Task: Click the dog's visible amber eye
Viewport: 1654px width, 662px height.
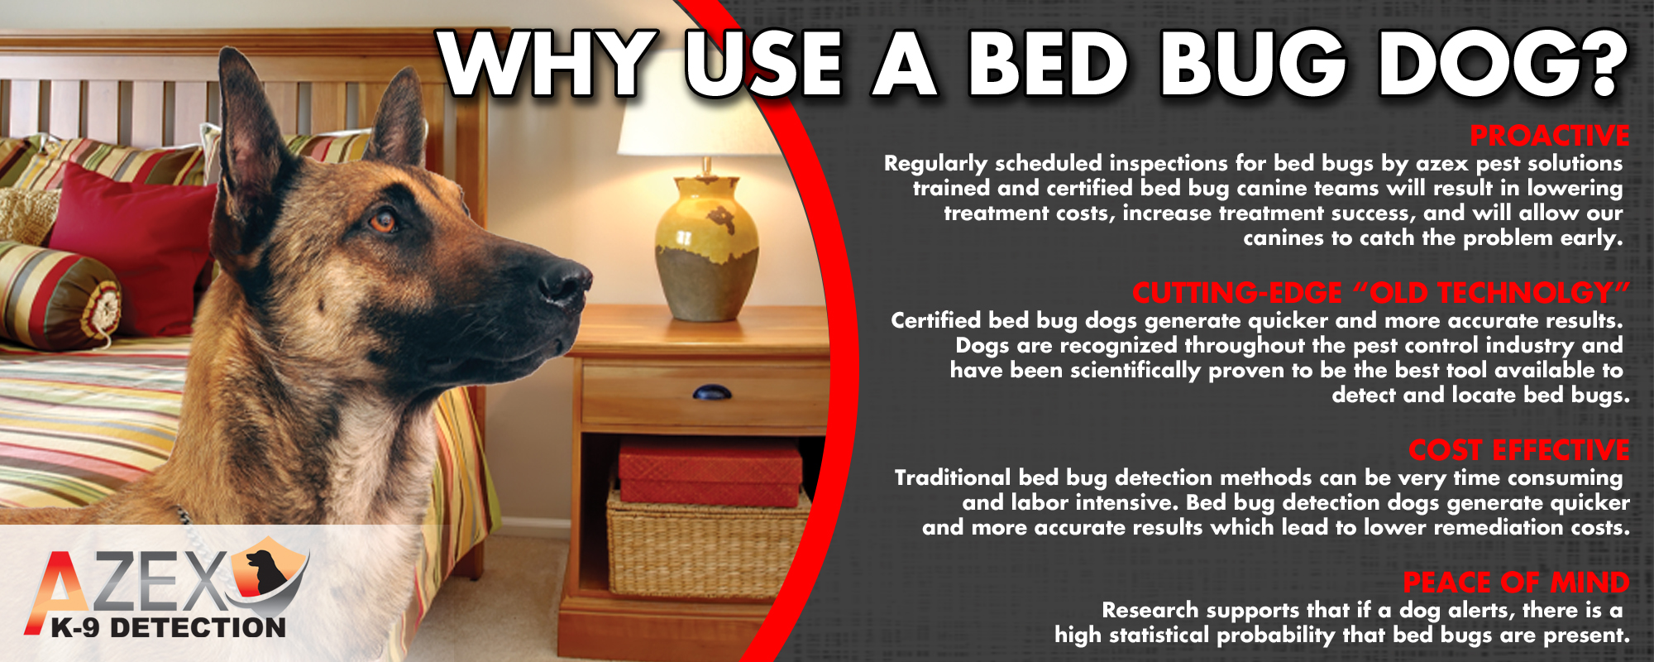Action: (x=382, y=221)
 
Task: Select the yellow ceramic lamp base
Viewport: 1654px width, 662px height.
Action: (x=706, y=248)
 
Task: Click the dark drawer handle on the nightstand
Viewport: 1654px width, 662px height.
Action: (x=711, y=392)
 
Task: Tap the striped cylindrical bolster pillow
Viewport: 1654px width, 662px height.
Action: (x=58, y=294)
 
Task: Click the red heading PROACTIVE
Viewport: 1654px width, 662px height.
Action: (x=1550, y=136)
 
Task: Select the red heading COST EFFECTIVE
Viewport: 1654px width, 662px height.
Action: (x=1519, y=450)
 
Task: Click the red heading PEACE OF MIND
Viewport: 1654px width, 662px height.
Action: (x=1516, y=583)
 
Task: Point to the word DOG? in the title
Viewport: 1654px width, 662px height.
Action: (x=1501, y=65)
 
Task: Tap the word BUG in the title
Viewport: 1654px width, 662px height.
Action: (x=1252, y=65)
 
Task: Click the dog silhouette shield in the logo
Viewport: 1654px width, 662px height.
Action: (x=268, y=571)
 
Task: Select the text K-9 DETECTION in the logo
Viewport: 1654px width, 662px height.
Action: (x=168, y=628)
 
